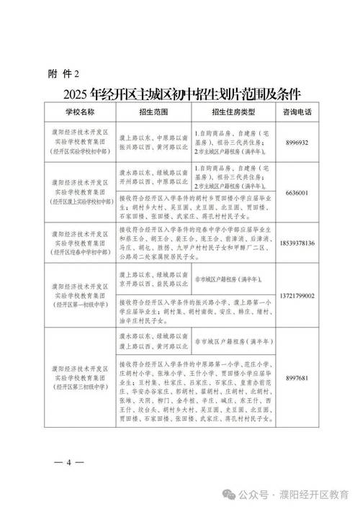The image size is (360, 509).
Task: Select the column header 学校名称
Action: (x=78, y=113)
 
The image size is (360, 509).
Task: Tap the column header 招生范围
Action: (x=150, y=113)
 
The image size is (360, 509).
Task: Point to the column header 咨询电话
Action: (x=297, y=113)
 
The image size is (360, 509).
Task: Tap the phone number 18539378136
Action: (x=297, y=243)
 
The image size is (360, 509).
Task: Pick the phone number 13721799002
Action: (x=297, y=296)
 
